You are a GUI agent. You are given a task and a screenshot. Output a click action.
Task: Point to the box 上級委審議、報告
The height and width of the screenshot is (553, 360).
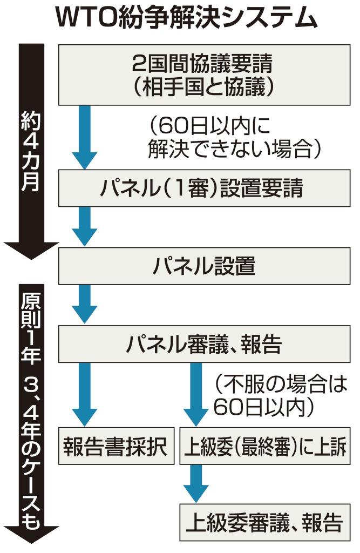264,523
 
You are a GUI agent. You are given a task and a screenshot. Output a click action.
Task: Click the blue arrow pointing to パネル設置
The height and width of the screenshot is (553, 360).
85,227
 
